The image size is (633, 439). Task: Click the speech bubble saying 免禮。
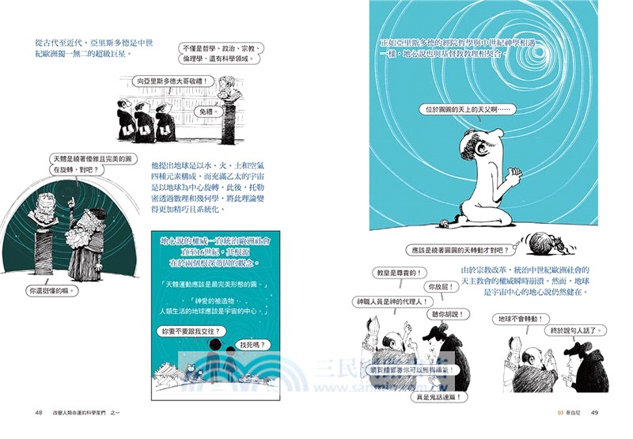coord(202,112)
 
